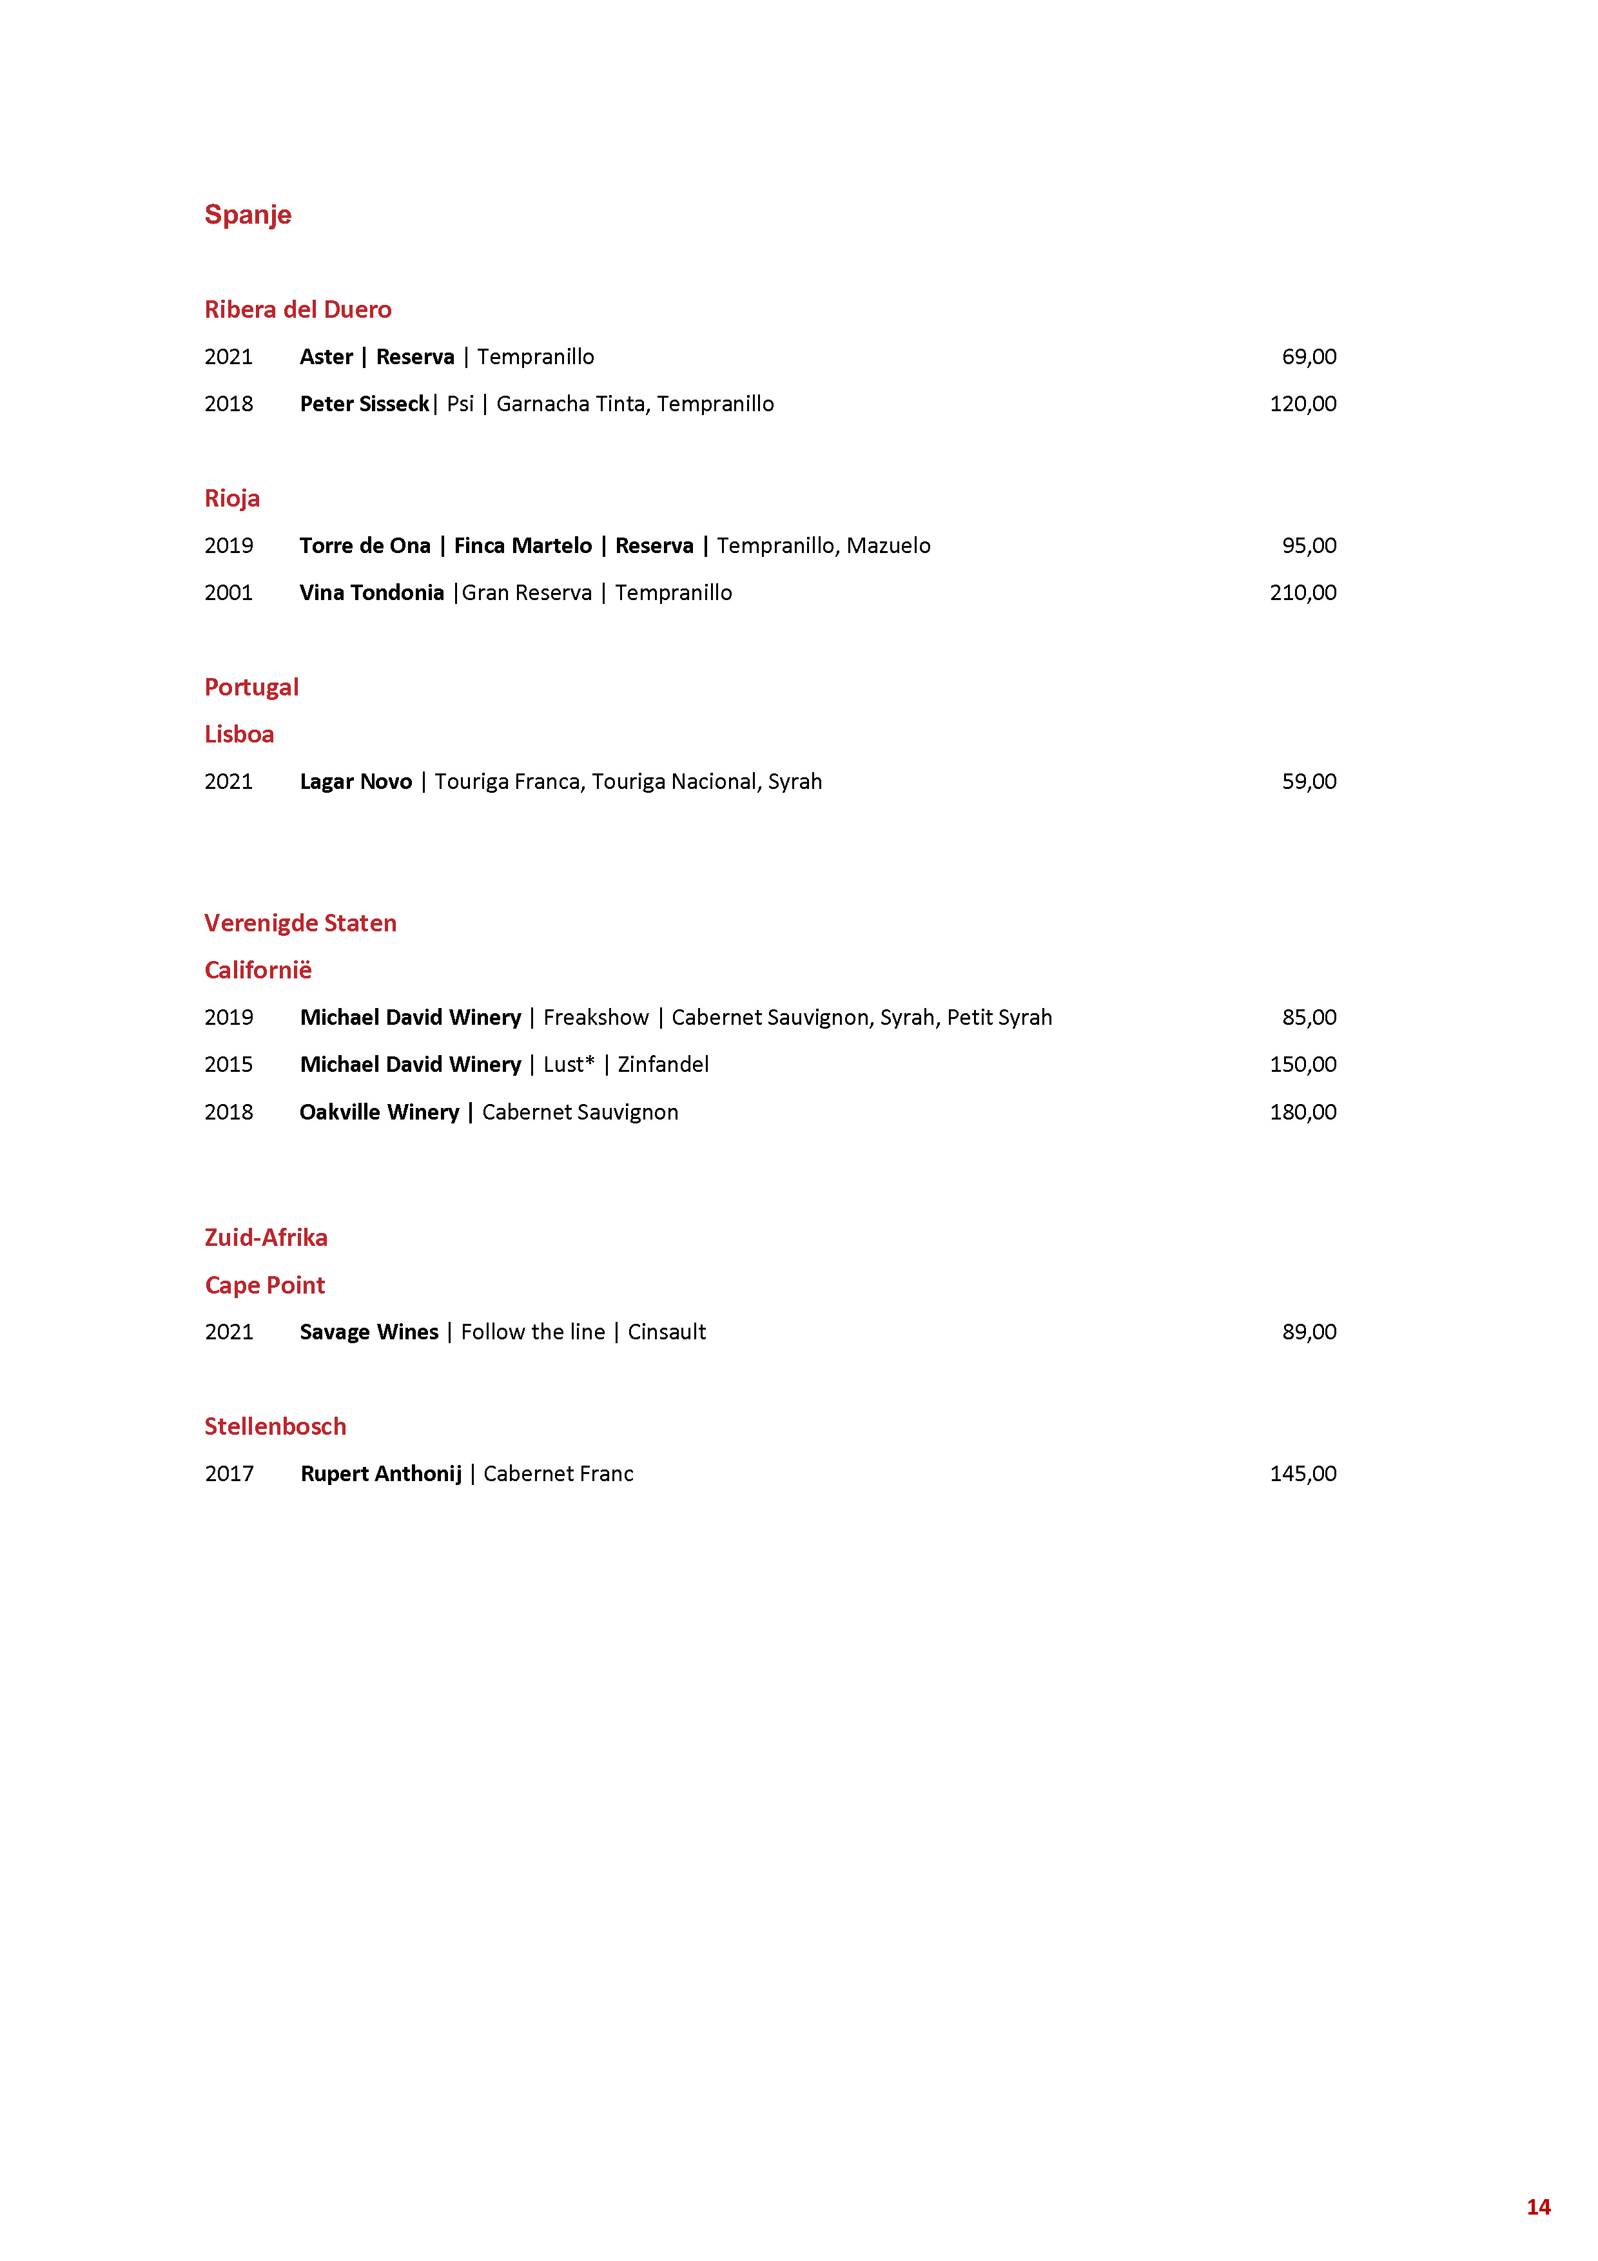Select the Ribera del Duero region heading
(x=297, y=309)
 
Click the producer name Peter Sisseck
(x=364, y=403)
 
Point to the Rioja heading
(x=231, y=498)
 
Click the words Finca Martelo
(x=522, y=545)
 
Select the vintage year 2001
(x=228, y=593)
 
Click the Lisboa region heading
(x=239, y=735)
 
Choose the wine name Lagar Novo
(x=355, y=782)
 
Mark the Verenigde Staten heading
(x=300, y=923)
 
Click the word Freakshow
(x=596, y=1017)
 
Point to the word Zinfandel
(x=663, y=1065)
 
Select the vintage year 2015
(x=228, y=1065)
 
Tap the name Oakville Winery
(x=379, y=1112)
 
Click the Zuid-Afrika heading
(x=266, y=1238)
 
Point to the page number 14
(x=1538, y=2207)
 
